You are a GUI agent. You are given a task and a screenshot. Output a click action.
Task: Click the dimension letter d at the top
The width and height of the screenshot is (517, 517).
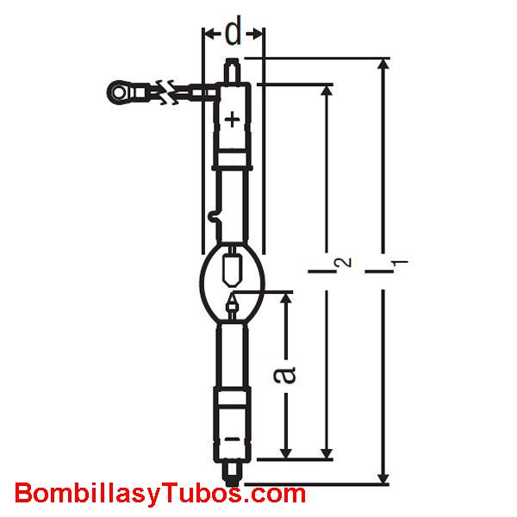[233, 30]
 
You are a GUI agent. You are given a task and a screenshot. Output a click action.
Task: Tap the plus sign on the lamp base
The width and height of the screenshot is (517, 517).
[233, 120]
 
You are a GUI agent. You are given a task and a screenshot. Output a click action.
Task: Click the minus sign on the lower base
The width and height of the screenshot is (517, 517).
[232, 439]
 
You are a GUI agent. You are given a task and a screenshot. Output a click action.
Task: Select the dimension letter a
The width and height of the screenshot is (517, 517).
[284, 376]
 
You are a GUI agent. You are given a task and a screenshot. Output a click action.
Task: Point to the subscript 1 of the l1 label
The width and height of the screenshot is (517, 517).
[400, 263]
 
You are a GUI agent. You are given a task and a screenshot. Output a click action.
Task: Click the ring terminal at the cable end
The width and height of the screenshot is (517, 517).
[118, 93]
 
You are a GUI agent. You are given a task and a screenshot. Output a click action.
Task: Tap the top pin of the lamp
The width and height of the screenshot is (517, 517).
[232, 70]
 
